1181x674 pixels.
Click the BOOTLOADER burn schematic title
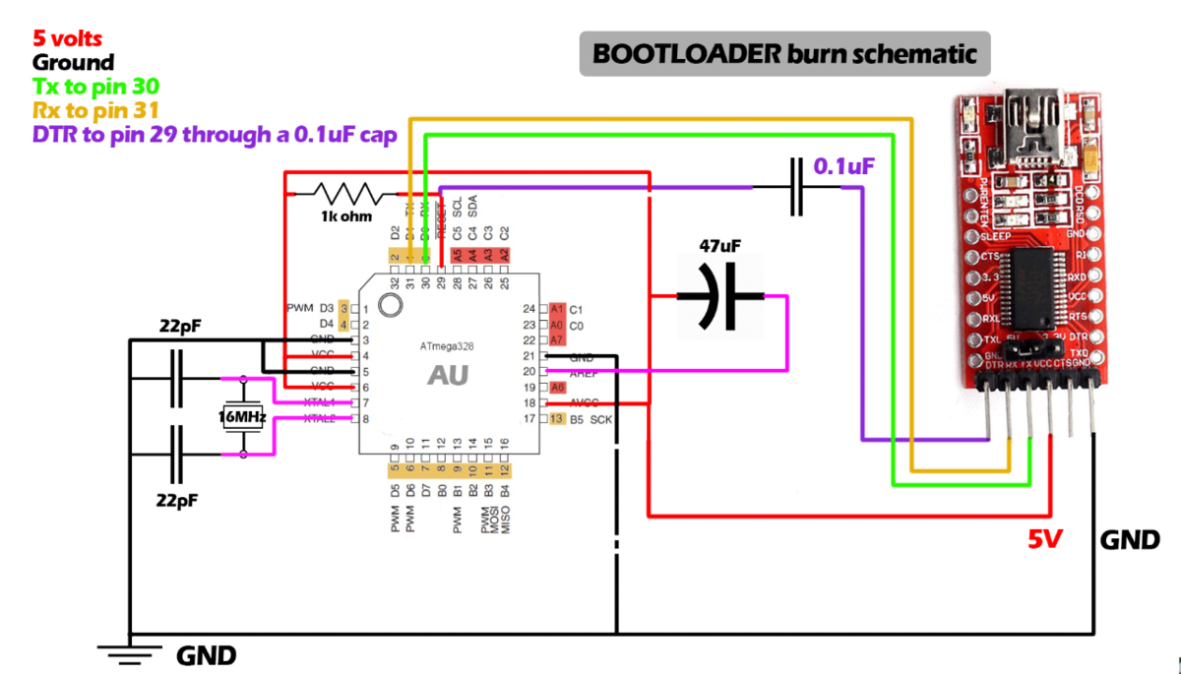click(x=783, y=53)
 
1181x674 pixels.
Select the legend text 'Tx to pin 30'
click(x=95, y=87)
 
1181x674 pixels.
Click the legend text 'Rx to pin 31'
click(x=95, y=110)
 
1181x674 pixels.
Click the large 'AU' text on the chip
click(x=448, y=375)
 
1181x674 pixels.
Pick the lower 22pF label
click(x=178, y=500)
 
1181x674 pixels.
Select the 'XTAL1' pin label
click(x=321, y=402)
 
